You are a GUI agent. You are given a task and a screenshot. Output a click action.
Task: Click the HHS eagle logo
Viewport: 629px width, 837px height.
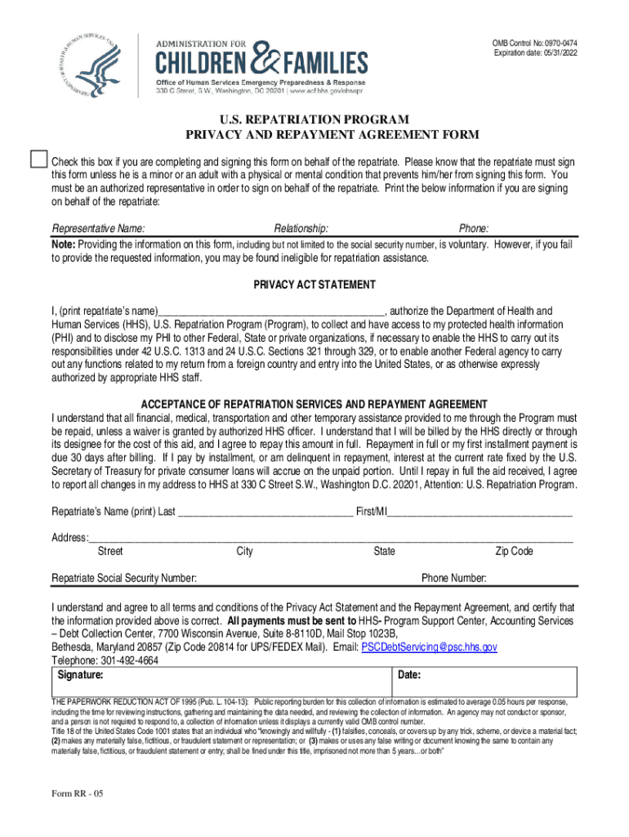[x=86, y=64]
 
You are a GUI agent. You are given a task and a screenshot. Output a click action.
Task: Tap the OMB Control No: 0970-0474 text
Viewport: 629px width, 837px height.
[x=534, y=43]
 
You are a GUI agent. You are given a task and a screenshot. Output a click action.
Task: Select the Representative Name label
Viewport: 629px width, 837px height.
[x=99, y=228]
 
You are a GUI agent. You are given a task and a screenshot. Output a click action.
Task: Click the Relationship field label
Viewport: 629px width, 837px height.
[x=301, y=228]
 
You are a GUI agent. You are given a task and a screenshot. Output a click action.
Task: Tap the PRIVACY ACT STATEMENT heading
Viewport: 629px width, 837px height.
[x=314, y=284]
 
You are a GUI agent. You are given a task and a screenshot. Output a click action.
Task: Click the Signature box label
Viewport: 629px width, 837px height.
[x=81, y=676]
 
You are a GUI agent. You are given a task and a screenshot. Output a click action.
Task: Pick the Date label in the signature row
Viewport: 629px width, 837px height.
[x=409, y=676]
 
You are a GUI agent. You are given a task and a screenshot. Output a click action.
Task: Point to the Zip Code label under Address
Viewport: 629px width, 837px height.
[x=514, y=552]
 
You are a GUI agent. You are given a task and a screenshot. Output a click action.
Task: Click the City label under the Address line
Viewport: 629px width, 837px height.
[x=244, y=552]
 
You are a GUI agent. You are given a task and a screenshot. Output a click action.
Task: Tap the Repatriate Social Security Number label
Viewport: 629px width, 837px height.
[x=124, y=579]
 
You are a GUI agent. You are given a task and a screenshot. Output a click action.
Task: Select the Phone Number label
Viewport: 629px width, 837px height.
[x=454, y=579]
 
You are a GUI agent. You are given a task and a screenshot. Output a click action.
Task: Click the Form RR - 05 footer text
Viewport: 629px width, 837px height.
[x=78, y=794]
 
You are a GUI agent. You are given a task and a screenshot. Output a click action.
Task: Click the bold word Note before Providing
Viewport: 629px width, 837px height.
[x=64, y=244]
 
